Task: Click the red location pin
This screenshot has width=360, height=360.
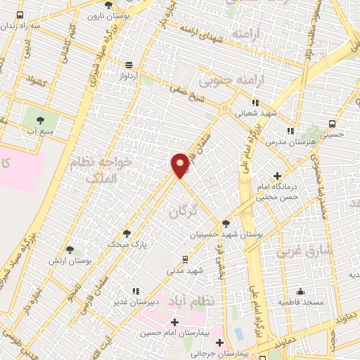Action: click(x=181, y=165)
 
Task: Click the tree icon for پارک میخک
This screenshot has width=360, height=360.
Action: click(x=127, y=233)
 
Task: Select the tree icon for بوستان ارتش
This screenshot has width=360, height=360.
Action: click(x=70, y=250)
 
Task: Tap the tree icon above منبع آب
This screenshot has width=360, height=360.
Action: click(x=40, y=120)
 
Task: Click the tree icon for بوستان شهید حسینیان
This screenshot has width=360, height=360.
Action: click(x=226, y=223)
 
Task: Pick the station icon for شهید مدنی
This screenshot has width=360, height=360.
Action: click(x=185, y=259)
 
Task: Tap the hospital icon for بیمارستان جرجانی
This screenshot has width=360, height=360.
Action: click(x=221, y=343)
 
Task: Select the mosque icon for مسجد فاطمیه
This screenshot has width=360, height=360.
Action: click(x=301, y=291)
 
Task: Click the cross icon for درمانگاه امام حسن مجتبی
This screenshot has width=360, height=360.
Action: click(x=278, y=176)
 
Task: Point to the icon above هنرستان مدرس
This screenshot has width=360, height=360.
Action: click(x=290, y=131)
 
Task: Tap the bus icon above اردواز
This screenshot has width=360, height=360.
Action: click(x=128, y=64)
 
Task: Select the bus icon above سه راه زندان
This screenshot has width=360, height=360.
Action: click(x=20, y=15)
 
